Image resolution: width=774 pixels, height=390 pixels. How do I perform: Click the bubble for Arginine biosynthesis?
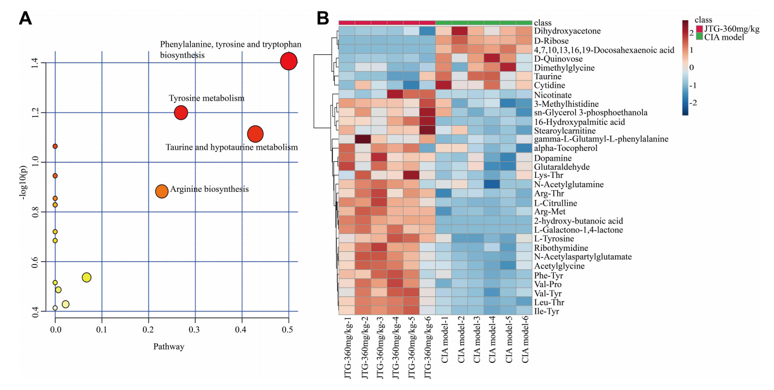coord(162,191)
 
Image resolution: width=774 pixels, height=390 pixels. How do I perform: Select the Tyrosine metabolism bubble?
coord(181,113)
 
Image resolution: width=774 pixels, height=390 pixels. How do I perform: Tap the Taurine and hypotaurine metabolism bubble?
coord(255,134)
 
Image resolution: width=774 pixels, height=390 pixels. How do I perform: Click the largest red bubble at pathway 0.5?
coord(288,61)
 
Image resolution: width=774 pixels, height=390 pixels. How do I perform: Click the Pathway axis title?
coord(169,347)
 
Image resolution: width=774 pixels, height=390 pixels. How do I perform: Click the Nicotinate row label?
coord(553,94)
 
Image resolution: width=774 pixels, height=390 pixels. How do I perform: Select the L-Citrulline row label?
coord(555,203)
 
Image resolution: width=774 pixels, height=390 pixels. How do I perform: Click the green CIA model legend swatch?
coord(699,38)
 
